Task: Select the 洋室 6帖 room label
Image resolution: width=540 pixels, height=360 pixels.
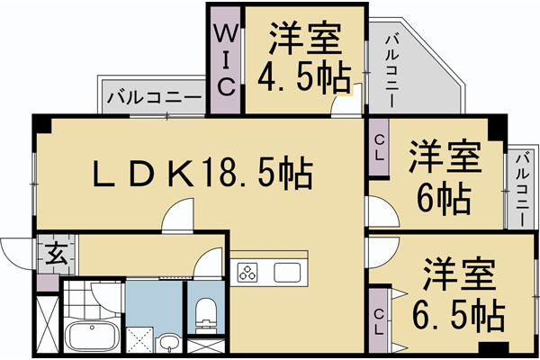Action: point(443,175)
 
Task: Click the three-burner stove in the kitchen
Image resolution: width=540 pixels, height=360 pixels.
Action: point(248,273)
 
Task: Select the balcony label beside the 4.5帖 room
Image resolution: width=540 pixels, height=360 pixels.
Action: point(391,72)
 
